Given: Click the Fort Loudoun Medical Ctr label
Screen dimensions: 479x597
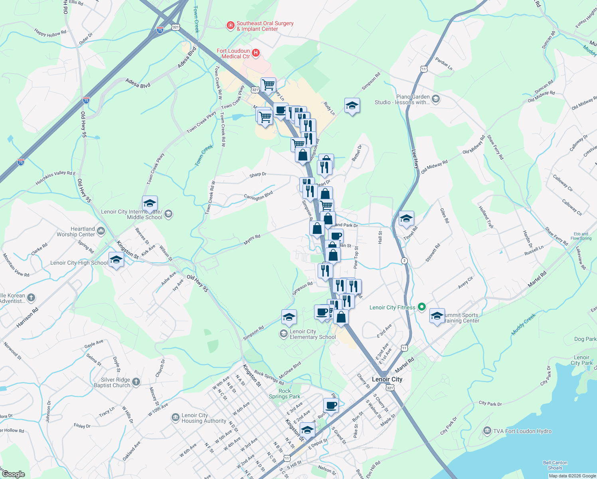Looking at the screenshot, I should (233, 53).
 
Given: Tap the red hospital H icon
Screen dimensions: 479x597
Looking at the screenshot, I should (256, 53).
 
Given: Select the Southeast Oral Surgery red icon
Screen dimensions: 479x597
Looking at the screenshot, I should (230, 26).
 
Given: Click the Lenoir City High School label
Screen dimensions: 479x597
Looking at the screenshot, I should (79, 263).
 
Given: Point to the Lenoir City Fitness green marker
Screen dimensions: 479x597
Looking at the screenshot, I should (422, 307).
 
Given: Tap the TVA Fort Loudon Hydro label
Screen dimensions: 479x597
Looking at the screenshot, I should (522, 431).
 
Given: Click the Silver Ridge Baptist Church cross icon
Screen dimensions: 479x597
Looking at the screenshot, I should (136, 382).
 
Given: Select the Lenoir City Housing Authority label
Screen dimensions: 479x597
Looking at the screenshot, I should (204, 418).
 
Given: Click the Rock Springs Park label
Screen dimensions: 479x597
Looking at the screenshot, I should (285, 394).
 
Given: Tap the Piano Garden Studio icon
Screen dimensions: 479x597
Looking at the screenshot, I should (436, 99).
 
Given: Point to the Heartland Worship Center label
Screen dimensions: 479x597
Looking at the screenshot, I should (76, 232).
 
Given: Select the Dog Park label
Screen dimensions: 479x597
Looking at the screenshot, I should (585, 339).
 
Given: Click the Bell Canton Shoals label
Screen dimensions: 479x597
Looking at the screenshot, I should (555, 465).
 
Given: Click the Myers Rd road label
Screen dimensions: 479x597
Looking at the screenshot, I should (252, 239).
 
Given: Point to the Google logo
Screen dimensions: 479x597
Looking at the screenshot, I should (13, 474).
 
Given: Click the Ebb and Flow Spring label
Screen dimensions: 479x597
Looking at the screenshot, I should (581, 236).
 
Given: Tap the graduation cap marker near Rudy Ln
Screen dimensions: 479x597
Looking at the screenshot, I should (352, 106).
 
